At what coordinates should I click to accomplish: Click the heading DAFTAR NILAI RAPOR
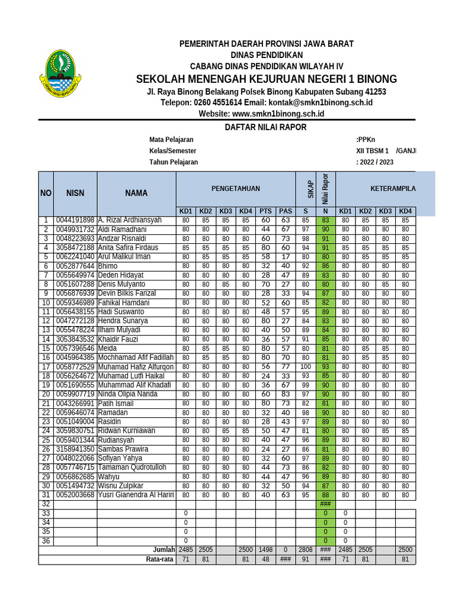point(265,127)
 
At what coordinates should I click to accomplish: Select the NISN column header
point(75,193)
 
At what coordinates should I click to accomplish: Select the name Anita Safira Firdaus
point(128,247)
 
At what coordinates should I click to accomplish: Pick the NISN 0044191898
point(75,220)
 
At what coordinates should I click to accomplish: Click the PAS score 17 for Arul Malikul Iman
point(286,257)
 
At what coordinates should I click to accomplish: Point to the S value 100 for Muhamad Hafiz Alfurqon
point(306,367)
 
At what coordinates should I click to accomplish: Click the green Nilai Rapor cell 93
point(325,367)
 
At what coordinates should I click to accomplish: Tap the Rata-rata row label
point(160,559)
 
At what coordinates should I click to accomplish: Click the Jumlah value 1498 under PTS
point(266,550)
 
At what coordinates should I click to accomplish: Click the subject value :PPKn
point(366,140)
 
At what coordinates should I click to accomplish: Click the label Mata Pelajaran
point(171,140)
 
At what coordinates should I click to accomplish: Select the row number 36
point(46,540)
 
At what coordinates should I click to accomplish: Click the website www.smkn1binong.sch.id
point(261,114)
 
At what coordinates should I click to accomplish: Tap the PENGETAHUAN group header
point(236,188)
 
